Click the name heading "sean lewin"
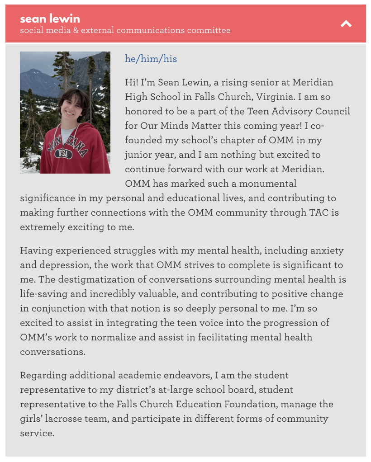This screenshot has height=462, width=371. (50, 19)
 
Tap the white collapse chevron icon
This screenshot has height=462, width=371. (346, 24)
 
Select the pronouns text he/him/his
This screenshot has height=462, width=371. (151, 59)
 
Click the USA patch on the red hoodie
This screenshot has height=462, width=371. (63, 154)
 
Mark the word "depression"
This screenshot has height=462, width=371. (63, 265)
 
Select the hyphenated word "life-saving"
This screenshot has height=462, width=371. (46, 294)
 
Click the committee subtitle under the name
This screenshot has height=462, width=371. (125, 30)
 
